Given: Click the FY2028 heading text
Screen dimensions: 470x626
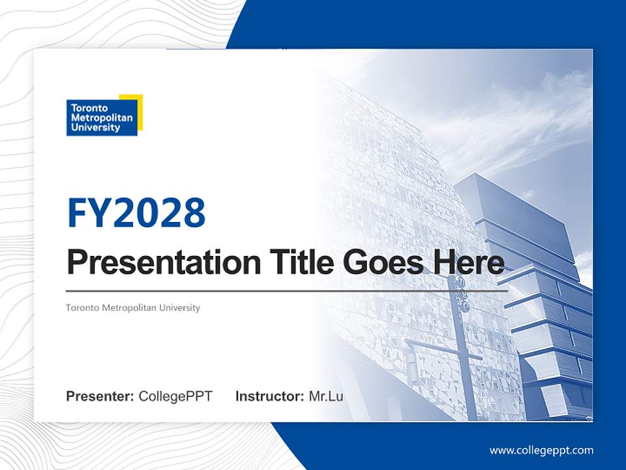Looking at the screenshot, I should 136,213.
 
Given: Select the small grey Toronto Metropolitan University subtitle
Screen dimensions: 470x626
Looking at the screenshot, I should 133,307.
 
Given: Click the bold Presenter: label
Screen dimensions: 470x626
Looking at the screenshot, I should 100,396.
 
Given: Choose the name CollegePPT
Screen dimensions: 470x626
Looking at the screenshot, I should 175,396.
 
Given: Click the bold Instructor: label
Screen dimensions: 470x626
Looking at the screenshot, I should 269,396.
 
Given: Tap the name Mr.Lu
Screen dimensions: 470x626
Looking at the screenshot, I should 326,396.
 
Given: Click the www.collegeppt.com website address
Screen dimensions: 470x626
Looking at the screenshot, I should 541,450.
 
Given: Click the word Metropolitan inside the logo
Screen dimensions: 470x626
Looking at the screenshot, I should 101,118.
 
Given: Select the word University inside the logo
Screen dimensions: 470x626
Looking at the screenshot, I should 95,128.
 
